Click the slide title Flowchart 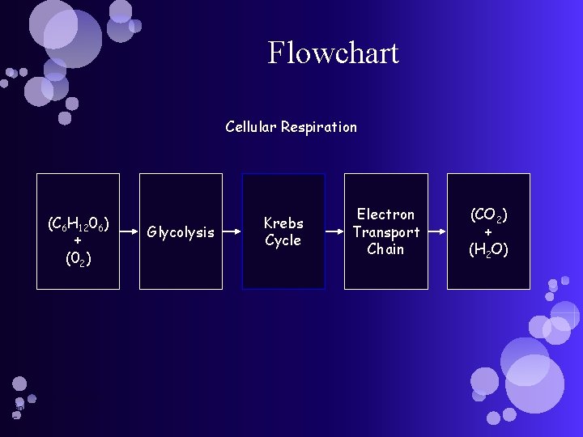(x=333, y=53)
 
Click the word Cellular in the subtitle (x=251, y=127)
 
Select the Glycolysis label (x=181, y=233)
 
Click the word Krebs (x=283, y=223)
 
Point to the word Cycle (x=283, y=240)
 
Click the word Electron (x=385, y=214)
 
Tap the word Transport (x=385, y=232)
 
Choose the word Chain (x=385, y=249)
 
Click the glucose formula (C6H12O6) (x=79, y=223)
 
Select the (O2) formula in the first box (x=78, y=259)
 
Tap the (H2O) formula (x=488, y=250)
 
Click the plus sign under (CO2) (x=488, y=233)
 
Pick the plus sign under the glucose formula (x=78, y=241)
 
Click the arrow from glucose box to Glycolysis (x=130, y=232)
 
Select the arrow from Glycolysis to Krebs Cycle (x=232, y=232)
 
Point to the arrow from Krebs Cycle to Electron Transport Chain (x=334, y=232)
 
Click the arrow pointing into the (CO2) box (x=437, y=232)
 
